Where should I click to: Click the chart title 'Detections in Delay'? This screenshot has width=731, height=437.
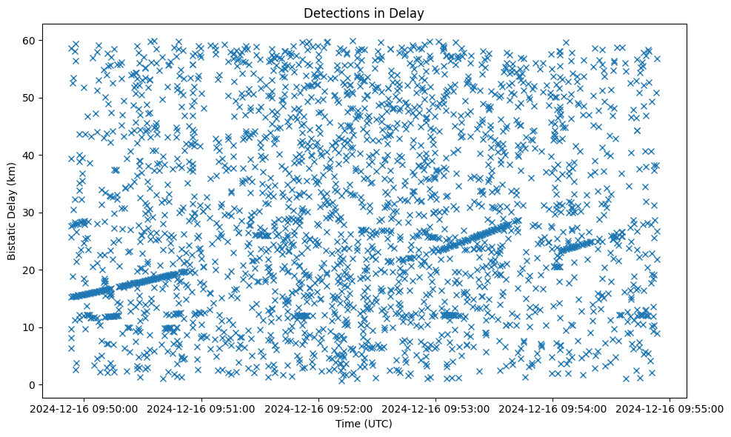click(364, 13)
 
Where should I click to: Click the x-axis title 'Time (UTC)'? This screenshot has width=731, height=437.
click(364, 424)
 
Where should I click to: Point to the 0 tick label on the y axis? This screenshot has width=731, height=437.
click(32, 384)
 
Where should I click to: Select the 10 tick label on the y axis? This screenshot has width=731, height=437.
click(29, 327)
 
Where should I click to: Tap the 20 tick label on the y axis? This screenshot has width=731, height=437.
click(29, 270)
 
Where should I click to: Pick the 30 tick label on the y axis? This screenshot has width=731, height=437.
click(29, 213)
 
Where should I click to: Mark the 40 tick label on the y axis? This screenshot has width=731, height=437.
click(29, 155)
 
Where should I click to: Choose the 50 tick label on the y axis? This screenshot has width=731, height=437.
click(29, 98)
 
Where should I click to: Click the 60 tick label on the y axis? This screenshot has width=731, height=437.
click(29, 40)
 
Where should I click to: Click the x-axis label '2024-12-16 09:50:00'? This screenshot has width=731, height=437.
click(84, 408)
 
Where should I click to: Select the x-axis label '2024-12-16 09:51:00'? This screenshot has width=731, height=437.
click(201, 408)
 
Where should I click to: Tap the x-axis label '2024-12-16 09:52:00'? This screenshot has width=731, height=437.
click(318, 408)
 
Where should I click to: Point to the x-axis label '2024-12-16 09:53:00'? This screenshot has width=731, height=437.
click(435, 408)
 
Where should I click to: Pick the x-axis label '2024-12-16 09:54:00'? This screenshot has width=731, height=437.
click(553, 408)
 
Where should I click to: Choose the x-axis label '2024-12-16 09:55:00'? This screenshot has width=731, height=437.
click(670, 408)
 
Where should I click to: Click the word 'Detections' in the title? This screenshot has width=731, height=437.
click(336, 13)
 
